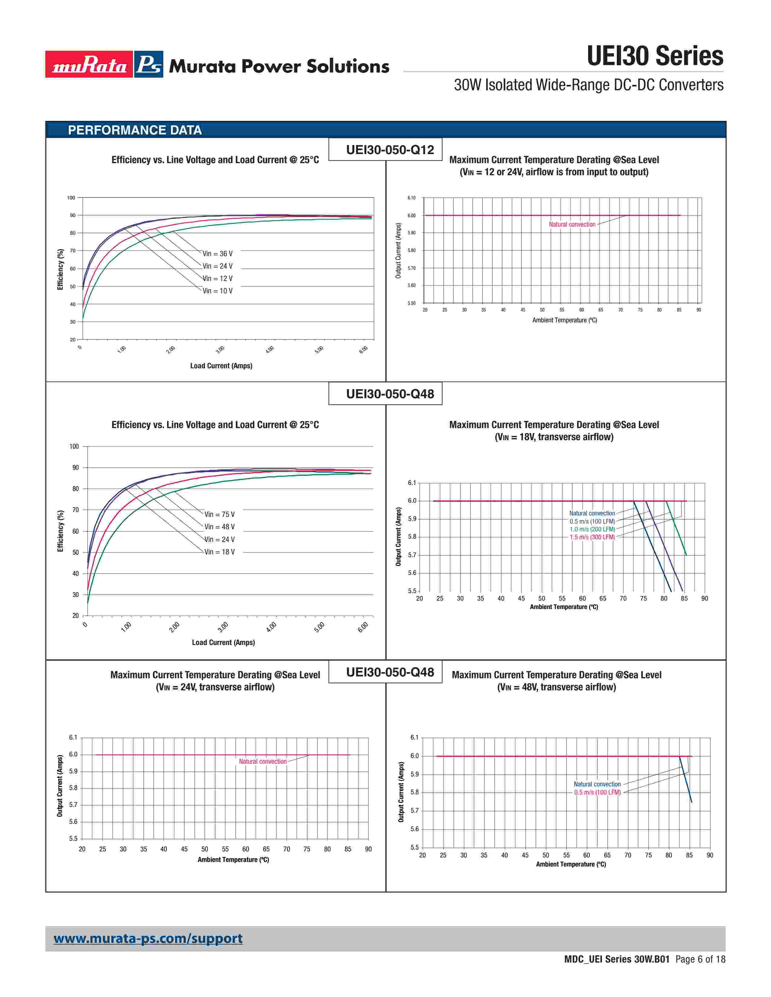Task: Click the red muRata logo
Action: (x=89, y=64)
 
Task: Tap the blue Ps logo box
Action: (x=149, y=64)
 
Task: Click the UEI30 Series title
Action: (x=655, y=56)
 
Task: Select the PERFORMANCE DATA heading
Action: (x=135, y=130)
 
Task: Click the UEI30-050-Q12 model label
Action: (x=390, y=150)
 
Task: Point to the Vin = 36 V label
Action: (x=217, y=254)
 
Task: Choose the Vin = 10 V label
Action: (x=217, y=291)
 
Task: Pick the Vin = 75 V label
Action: (x=219, y=515)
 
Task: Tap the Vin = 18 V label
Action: (x=219, y=552)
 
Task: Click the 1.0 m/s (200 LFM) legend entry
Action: (x=592, y=529)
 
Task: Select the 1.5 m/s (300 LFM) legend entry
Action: (x=592, y=537)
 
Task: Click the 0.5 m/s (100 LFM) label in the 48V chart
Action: (x=597, y=792)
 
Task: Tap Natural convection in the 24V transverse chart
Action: (x=263, y=761)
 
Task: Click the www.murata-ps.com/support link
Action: (x=148, y=939)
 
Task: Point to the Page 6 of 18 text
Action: (x=700, y=959)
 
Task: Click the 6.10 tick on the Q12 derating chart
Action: (x=412, y=198)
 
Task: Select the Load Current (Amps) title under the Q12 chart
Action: (x=221, y=366)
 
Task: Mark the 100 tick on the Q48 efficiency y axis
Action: (x=74, y=447)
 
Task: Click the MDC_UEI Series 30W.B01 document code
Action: (x=616, y=959)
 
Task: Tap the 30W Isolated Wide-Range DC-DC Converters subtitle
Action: (x=588, y=85)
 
